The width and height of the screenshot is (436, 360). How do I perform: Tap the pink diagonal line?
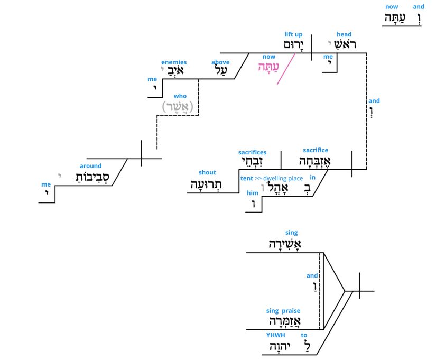(285, 69)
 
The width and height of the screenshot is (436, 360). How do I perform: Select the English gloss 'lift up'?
(293, 35)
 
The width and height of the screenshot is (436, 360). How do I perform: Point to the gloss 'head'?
(344, 35)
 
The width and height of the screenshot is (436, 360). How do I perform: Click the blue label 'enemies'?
(174, 62)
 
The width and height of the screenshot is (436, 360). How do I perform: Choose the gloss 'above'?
(220, 62)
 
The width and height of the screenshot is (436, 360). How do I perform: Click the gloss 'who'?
(180, 96)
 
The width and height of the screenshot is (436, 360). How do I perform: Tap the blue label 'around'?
(90, 166)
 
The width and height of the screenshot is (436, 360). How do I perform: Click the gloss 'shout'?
(207, 172)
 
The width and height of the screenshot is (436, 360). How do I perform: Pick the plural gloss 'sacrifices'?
(252, 152)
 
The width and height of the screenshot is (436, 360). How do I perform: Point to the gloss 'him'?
(252, 193)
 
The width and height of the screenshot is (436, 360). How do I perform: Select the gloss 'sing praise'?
(283, 311)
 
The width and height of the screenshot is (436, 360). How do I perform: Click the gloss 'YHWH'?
(275, 335)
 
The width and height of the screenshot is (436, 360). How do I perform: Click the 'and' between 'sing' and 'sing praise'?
(312, 275)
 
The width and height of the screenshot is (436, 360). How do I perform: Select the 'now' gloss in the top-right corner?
(392, 7)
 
